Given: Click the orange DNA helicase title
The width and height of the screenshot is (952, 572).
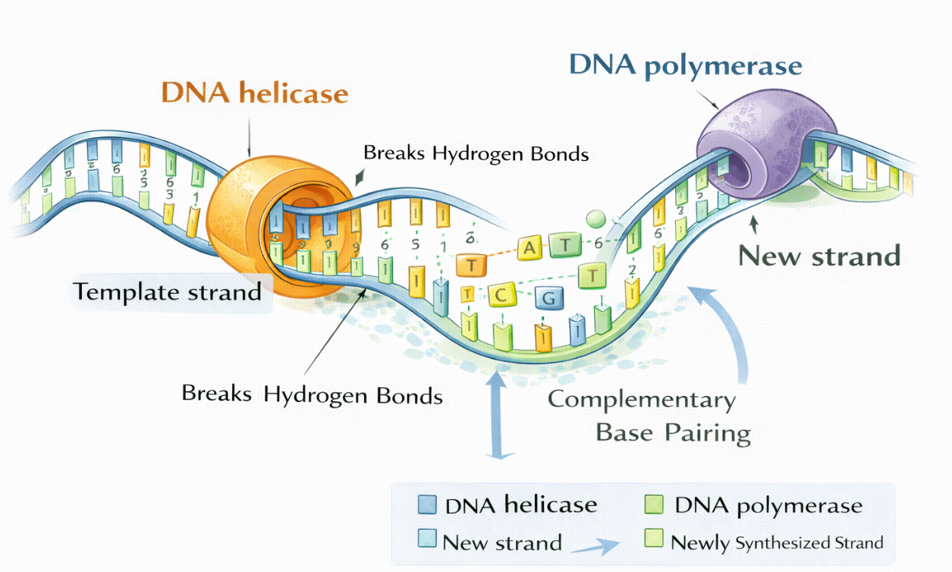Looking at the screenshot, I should click(255, 93).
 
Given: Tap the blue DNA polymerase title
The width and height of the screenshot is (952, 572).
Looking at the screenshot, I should click(685, 65).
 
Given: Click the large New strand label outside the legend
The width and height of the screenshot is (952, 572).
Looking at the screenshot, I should click(819, 256).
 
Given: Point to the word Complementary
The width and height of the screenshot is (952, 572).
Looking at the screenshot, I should click(642, 399).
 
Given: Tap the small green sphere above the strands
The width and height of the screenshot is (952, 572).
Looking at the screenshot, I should click(597, 219).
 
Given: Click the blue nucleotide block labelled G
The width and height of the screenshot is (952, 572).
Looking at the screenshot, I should click(548, 298).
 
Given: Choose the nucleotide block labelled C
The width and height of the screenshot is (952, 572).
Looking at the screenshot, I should click(500, 294).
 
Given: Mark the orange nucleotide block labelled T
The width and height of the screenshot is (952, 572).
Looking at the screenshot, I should click(470, 265).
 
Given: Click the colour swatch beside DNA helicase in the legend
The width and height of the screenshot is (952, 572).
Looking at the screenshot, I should click(427, 505).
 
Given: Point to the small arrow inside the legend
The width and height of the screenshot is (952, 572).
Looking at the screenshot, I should click(595, 545).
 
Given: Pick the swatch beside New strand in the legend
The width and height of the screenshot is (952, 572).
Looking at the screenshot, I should click(427, 540).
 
